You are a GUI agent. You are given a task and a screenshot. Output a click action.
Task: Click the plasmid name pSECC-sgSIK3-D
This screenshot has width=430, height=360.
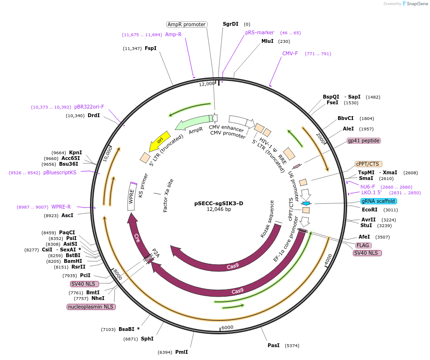click(x=219, y=203)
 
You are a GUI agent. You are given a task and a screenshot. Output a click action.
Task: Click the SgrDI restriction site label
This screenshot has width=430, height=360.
click(x=230, y=24)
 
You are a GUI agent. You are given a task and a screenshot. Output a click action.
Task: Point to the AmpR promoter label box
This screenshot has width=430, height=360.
click(x=187, y=24)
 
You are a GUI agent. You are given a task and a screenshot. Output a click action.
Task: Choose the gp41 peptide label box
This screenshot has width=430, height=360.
click(x=363, y=140)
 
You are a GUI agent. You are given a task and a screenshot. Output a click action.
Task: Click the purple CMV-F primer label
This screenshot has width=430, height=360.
click(x=290, y=53)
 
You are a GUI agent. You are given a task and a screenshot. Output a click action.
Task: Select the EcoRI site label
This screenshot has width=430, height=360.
click(x=370, y=210)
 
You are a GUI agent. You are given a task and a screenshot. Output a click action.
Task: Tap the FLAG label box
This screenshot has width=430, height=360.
click(x=363, y=245)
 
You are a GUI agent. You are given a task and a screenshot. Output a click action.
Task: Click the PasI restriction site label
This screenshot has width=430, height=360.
click(x=273, y=345)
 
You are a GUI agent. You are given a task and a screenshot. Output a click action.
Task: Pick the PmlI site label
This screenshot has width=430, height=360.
click(x=181, y=352)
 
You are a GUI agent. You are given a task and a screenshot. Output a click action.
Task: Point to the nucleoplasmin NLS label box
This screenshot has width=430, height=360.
click(x=91, y=307)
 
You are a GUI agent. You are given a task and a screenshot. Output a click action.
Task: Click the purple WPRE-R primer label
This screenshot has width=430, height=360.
click(x=61, y=207)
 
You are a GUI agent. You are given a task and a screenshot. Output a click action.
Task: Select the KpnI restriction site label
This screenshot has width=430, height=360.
click(x=75, y=152)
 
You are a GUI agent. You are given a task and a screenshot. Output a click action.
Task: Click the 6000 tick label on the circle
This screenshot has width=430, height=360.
click(x=227, y=328)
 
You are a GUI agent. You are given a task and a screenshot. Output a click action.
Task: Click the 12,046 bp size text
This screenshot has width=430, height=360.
click(x=219, y=210)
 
